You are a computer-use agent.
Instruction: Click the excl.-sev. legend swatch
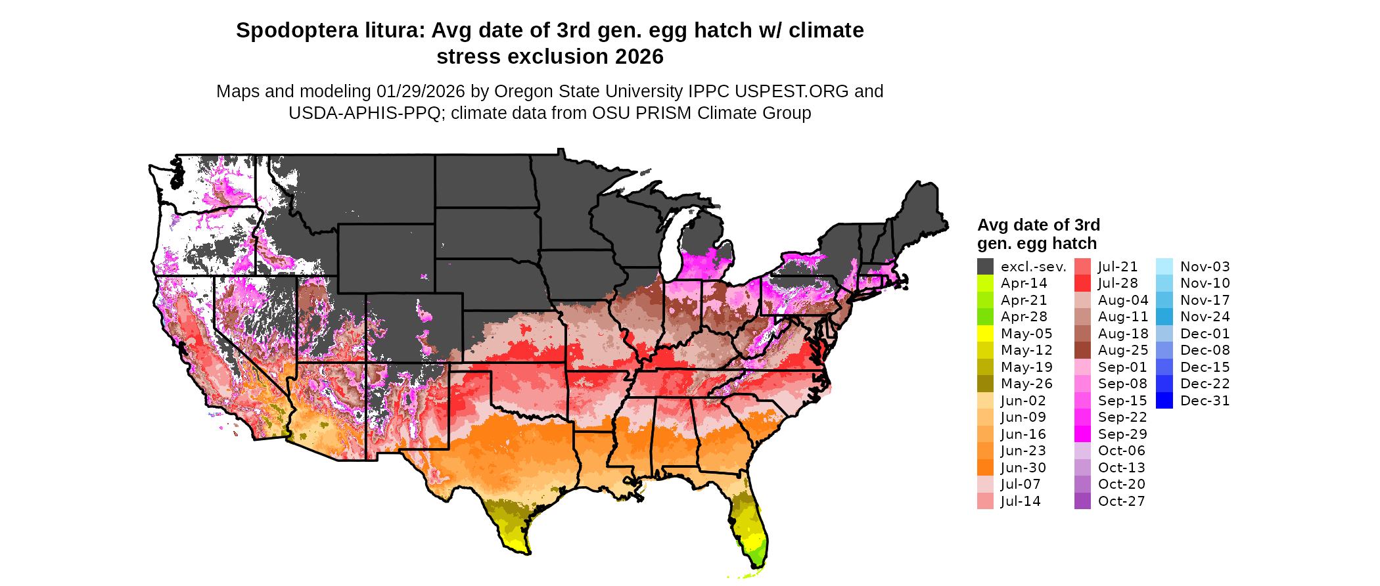pyautogui.click(x=985, y=267)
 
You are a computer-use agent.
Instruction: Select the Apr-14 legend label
pyautogui.click(x=1024, y=283)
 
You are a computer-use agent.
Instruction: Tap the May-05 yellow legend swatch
pyautogui.click(x=985, y=334)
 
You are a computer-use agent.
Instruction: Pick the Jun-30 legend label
pyautogui.click(x=1024, y=468)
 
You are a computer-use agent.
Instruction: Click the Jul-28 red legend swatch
pyautogui.click(x=1082, y=283)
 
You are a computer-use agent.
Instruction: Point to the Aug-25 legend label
pyautogui.click(x=1123, y=350)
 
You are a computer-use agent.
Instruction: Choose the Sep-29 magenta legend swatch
pyautogui.click(x=1082, y=434)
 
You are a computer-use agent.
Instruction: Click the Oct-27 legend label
pyautogui.click(x=1121, y=501)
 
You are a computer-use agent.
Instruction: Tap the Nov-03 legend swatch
pyautogui.click(x=1164, y=267)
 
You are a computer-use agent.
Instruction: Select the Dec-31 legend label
pyautogui.click(x=1205, y=401)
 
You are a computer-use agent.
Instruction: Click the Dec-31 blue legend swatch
pyautogui.click(x=1164, y=401)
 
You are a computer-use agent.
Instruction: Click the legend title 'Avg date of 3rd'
pyautogui.click(x=1038, y=225)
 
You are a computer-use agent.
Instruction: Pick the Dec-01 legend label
pyautogui.click(x=1205, y=334)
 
